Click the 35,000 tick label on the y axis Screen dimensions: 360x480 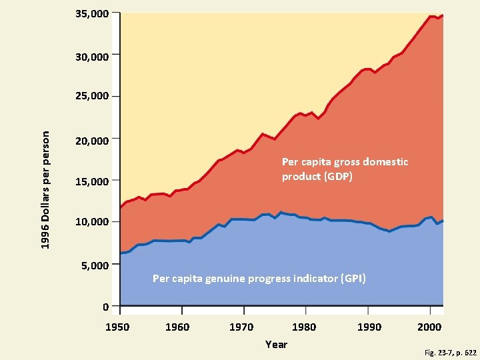pos(92,13)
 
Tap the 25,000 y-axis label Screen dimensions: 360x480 pos(92,97)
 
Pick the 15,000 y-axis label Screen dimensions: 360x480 pos(92,181)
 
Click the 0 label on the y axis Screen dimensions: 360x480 pos(105,307)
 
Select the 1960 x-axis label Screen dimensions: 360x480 pos(177,327)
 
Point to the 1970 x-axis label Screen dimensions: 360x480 pos(241,327)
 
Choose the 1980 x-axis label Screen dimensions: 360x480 pos(304,327)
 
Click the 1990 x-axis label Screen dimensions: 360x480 pos(369,327)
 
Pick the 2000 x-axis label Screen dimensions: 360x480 pos(430,327)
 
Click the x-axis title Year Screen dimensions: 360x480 pos(276,344)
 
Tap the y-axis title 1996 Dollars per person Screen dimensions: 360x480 pos(45,190)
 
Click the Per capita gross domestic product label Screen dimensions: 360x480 pos(345,169)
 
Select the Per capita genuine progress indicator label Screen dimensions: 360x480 pos(259,278)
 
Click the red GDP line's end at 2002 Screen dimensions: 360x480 pos(443,15)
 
